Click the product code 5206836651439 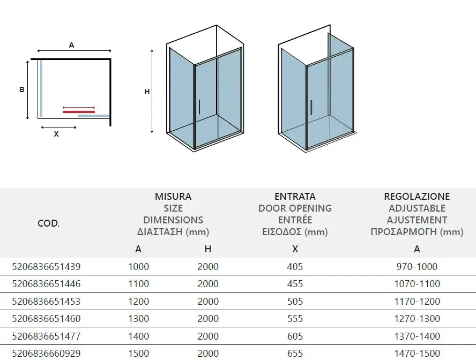46,266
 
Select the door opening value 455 295,284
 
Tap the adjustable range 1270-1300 416,319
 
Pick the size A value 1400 138,336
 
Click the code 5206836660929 46,354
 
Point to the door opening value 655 295,354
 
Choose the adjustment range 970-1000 416,266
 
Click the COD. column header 48,223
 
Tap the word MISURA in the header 173,197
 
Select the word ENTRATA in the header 295,197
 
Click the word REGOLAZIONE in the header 416,197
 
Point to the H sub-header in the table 208,249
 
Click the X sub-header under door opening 295,249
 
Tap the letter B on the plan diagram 22,90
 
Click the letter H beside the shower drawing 147,92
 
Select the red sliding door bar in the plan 79,112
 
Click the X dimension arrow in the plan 58,127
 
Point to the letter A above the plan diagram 71,46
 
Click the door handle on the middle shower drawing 199,107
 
